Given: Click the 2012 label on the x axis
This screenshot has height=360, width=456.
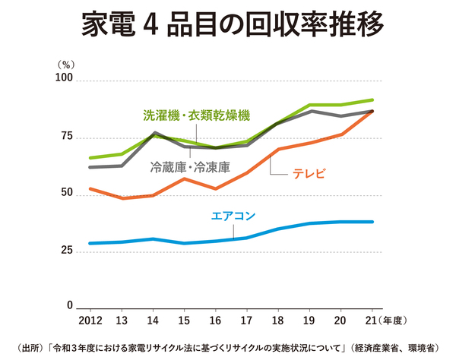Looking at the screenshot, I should tap(90, 320).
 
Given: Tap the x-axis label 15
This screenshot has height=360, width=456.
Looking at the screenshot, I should tap(184, 320).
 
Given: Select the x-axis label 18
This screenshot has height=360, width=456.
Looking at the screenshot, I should tap(278, 320).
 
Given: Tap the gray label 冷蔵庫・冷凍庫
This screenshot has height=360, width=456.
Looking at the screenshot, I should tap(190, 165).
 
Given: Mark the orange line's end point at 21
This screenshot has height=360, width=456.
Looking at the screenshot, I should tap(372, 111).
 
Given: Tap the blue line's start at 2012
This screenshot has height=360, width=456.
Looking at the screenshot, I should tap(90, 243).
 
